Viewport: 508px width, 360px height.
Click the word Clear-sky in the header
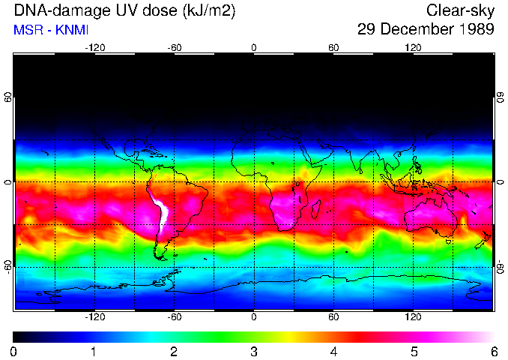tap(460, 10)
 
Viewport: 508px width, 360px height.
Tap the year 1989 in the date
tap(475, 30)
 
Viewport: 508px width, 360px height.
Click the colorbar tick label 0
tap(14, 351)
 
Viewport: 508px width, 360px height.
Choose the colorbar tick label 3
tap(254, 351)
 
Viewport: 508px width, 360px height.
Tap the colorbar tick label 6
tap(494, 351)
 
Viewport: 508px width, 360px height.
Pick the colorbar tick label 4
tap(334, 351)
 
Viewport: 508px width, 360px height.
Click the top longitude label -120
tap(94, 47)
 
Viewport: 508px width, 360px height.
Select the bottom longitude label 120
tap(414, 317)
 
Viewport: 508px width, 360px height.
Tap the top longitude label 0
tap(254, 47)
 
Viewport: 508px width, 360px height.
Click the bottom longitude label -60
tap(174, 317)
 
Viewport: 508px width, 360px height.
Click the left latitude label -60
tap(8, 267)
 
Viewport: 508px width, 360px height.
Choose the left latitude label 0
tap(8, 181)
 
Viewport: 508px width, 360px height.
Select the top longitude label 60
tap(333, 47)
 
